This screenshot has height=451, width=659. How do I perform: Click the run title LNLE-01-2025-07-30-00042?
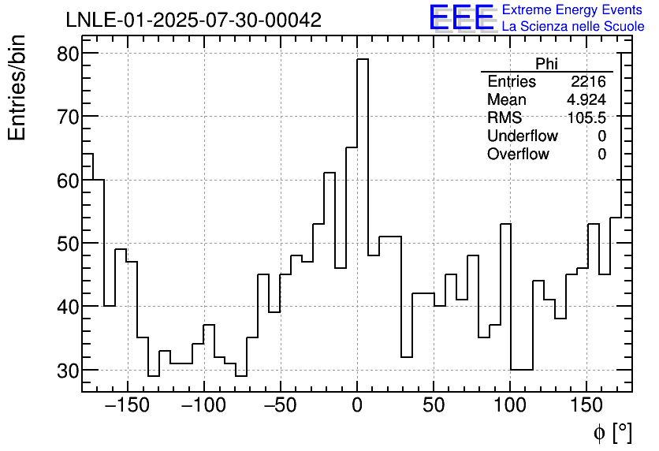click(193, 20)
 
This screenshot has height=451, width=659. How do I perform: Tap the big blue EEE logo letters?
click(461, 17)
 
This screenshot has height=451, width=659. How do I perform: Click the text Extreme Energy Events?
click(572, 10)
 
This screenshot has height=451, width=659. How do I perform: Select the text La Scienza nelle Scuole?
click(572, 26)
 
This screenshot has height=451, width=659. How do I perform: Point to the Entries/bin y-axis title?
click(17, 88)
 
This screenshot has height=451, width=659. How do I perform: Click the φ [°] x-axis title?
click(612, 432)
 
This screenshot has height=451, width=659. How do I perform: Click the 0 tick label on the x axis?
click(357, 407)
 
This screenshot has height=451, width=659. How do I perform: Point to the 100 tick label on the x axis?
click(510, 407)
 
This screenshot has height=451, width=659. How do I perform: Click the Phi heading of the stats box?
click(546, 64)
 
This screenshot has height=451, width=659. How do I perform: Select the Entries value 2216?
click(589, 82)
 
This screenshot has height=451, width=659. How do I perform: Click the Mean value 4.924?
click(586, 100)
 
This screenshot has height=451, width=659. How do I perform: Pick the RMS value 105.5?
click(587, 117)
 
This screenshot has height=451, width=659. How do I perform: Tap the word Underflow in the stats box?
click(523, 136)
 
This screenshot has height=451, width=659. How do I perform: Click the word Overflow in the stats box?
click(518, 154)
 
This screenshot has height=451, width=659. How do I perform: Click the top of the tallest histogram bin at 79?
click(363, 59)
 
